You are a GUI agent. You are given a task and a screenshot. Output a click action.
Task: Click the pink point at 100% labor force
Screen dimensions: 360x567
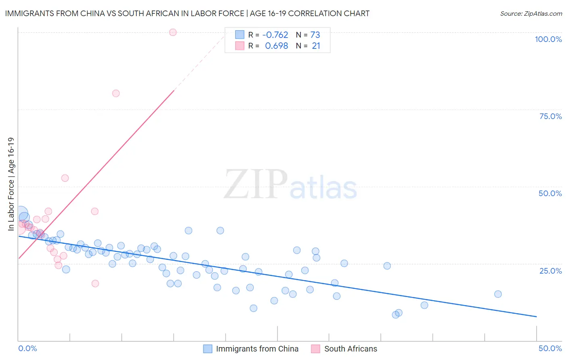[x=173, y=32]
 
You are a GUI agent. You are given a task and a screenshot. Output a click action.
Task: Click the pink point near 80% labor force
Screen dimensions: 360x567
[x=116, y=93]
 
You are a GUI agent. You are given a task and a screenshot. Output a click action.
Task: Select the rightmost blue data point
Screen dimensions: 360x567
[x=498, y=294]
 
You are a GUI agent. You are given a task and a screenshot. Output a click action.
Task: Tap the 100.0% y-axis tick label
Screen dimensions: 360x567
[x=548, y=39]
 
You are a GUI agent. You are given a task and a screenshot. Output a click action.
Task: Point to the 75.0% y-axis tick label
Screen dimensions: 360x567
[x=550, y=116]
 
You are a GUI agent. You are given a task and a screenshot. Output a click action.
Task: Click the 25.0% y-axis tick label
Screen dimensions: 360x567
[x=550, y=270]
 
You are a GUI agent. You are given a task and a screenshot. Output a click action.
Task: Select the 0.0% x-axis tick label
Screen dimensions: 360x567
[x=27, y=348]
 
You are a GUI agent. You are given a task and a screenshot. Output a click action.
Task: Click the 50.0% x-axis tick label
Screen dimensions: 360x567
[x=550, y=348]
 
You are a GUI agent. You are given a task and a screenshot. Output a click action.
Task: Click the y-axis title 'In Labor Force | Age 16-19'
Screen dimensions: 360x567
[x=11, y=184]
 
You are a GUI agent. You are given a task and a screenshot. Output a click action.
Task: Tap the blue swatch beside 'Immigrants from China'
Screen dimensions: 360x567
[x=208, y=349]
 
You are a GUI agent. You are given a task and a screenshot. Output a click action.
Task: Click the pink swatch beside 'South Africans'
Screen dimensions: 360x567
[x=316, y=349]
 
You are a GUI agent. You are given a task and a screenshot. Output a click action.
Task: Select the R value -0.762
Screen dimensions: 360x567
[x=275, y=35]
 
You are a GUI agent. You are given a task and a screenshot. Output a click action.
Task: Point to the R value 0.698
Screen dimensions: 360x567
[x=276, y=46]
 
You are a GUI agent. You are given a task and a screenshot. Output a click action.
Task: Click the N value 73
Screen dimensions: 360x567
[x=315, y=35]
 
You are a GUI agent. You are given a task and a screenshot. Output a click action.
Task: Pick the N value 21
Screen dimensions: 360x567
[x=316, y=46]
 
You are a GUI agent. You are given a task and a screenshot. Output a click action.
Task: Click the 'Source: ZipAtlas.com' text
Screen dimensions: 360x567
[x=531, y=13]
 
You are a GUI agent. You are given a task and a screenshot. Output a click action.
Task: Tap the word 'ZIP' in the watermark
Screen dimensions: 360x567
[x=256, y=184]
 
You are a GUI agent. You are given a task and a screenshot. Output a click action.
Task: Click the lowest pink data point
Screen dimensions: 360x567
[x=95, y=283]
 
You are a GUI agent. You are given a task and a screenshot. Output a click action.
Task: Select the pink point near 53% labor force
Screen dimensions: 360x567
[x=65, y=178]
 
